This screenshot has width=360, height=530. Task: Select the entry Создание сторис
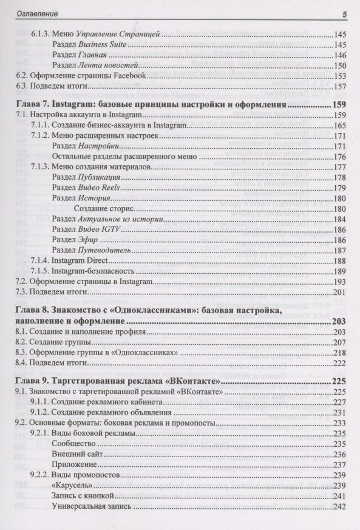(x=101, y=208)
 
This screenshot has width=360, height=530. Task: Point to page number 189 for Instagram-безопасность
(x=339, y=271)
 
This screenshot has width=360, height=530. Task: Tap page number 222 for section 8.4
(x=339, y=363)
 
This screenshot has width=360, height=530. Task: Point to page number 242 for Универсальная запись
(x=339, y=506)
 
